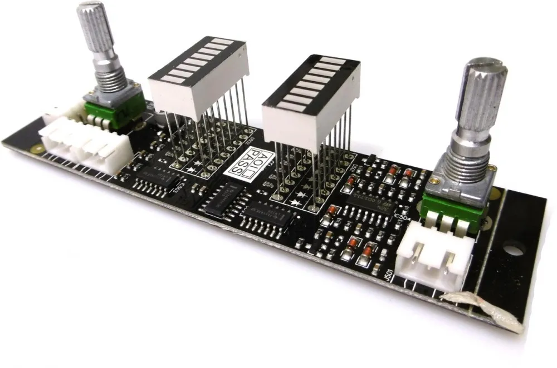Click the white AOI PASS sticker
pos(246,164)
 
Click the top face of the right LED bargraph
pos(312,78)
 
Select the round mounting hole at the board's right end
pos(515,247)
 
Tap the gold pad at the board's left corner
pos(36,149)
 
